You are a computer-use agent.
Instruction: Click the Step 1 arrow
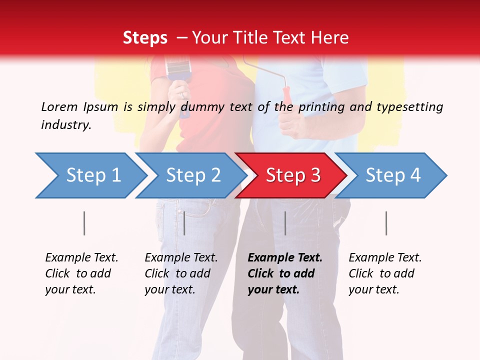click(x=90, y=175)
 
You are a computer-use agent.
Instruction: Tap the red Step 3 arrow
click(x=292, y=175)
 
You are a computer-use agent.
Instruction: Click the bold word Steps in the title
click(x=145, y=38)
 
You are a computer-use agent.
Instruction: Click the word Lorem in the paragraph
click(x=59, y=106)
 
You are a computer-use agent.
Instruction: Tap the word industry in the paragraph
click(x=66, y=125)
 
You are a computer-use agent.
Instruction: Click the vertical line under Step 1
click(x=84, y=223)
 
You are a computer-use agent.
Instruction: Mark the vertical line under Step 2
click(x=184, y=223)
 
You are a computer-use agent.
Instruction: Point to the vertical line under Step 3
click(x=285, y=223)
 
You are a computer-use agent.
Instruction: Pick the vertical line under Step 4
click(x=386, y=223)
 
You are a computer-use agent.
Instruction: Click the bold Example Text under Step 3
click(x=285, y=257)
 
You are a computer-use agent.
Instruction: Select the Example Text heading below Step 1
click(x=81, y=257)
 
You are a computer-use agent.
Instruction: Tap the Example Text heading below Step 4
click(x=385, y=257)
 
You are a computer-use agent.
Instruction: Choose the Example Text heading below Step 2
click(x=181, y=257)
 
